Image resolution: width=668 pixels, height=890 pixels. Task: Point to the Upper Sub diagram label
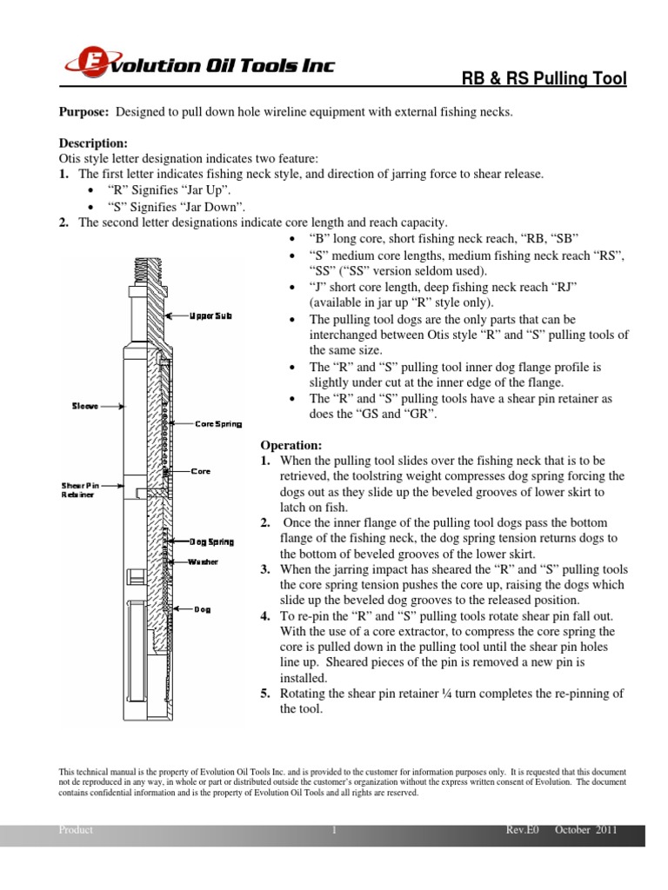210,315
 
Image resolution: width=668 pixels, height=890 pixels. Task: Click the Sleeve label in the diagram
85,405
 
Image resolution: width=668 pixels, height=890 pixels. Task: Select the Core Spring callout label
217,423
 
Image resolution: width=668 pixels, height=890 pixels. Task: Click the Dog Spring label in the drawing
212,541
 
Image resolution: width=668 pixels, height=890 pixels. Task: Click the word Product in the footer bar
76,830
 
